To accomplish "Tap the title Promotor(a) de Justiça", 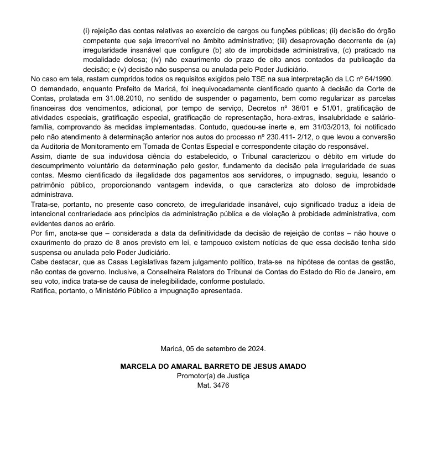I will pos(213,376).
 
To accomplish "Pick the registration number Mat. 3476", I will pos(213,385).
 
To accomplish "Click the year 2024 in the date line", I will pos(257,349).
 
